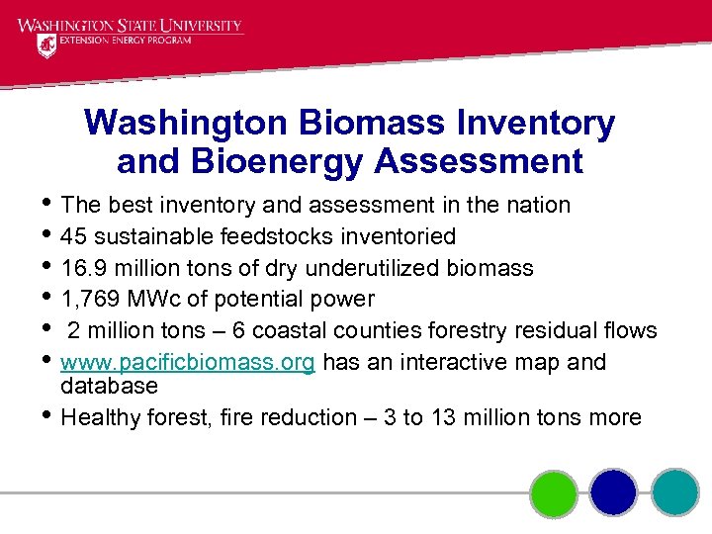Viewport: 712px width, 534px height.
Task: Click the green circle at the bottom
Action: pos(554,492)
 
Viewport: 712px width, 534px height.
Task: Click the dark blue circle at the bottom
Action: pos(614,492)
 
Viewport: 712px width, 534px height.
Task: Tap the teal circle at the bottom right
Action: pos(674,492)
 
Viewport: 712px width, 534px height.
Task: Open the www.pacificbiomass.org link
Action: pos(188,363)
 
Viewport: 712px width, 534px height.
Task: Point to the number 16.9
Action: pos(82,268)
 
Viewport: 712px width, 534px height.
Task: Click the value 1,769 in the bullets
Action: pos(89,300)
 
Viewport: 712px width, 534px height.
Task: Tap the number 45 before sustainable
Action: pos(73,236)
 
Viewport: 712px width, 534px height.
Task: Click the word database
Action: pos(109,386)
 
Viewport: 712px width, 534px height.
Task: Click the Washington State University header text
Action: pos(130,25)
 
